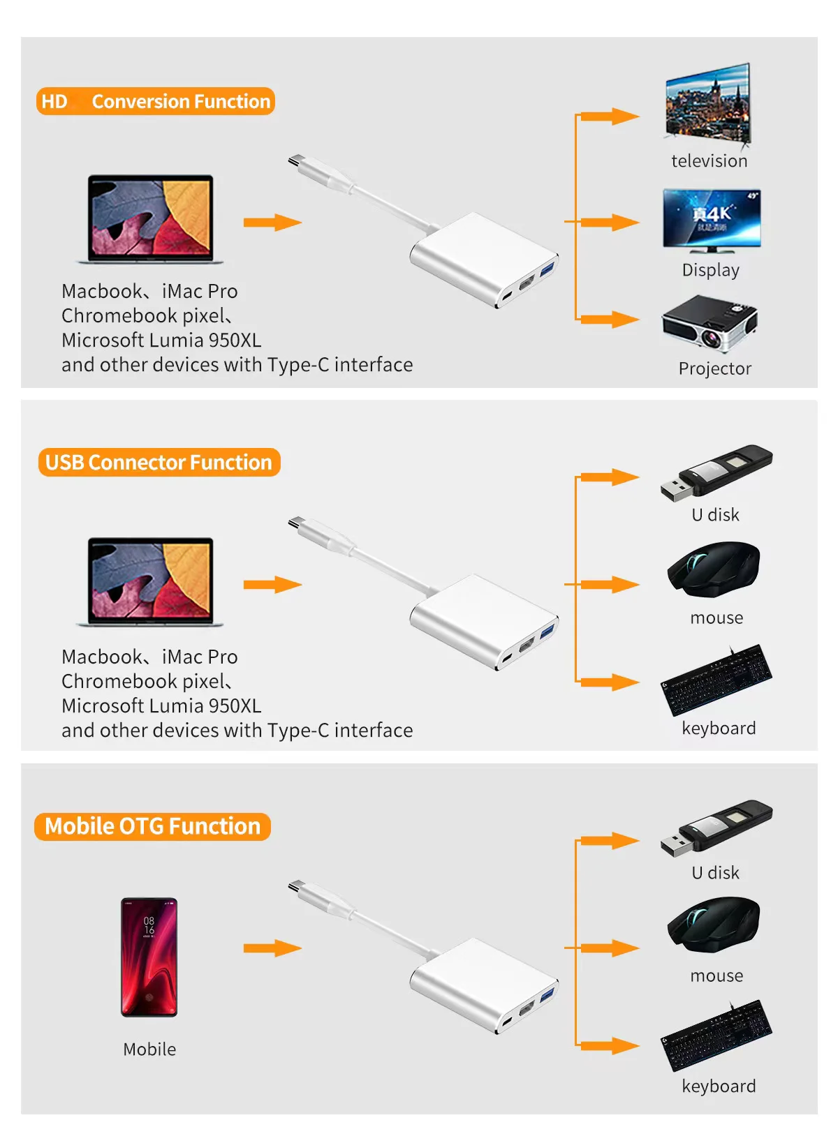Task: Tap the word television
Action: coord(709,161)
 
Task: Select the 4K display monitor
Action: coord(712,221)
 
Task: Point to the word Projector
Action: coord(714,368)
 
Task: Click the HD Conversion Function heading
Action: coord(155,101)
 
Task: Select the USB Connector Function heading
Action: coord(159,463)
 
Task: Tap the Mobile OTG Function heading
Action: coord(152,826)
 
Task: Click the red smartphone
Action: coord(149,957)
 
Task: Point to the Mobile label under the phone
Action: coord(149,1049)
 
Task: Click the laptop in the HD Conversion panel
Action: coord(149,219)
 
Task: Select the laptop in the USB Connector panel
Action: coord(149,582)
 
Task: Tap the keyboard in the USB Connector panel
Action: coord(716,680)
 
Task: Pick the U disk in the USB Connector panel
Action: coord(716,473)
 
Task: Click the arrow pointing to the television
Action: coord(609,116)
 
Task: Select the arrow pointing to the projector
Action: coord(609,320)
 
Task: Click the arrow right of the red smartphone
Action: coord(272,948)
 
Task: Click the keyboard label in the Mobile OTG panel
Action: coord(719,1086)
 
